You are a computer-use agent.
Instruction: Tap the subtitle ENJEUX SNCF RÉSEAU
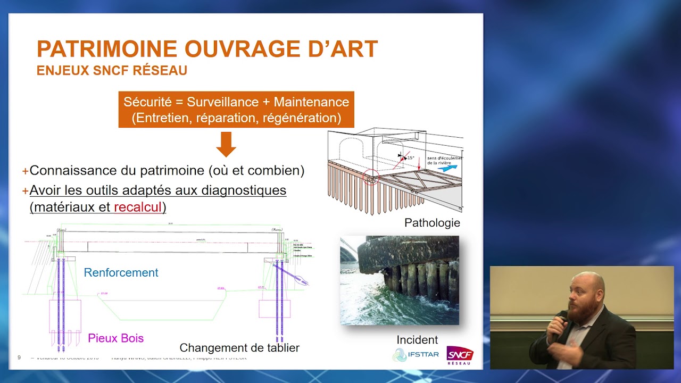click(x=112, y=71)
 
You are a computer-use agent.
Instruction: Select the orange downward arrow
click(x=226, y=144)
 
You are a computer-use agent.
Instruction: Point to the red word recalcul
click(x=138, y=207)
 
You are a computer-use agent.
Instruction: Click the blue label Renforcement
click(x=121, y=272)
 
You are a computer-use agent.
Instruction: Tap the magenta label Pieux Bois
click(x=116, y=338)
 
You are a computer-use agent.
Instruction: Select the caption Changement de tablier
click(x=239, y=348)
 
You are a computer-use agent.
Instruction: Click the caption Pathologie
click(x=432, y=223)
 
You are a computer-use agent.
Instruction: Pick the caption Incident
click(x=417, y=339)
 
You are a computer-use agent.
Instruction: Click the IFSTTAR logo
click(x=416, y=354)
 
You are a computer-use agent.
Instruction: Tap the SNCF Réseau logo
click(x=460, y=355)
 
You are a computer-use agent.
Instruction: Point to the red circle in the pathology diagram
click(x=371, y=178)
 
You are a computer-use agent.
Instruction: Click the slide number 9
click(x=19, y=357)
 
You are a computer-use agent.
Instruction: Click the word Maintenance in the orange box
click(x=311, y=102)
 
